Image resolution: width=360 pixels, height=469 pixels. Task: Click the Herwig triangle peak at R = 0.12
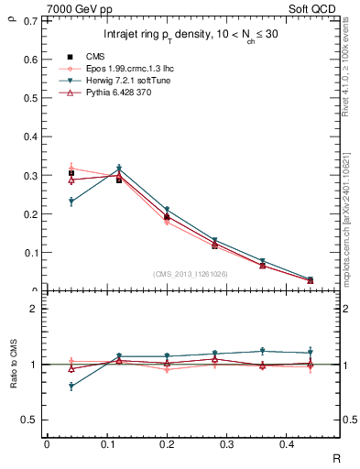coord(119,169)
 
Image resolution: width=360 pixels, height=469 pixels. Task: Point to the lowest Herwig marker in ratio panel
coord(71,387)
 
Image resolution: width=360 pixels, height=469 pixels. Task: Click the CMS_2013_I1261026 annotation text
coord(191,274)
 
